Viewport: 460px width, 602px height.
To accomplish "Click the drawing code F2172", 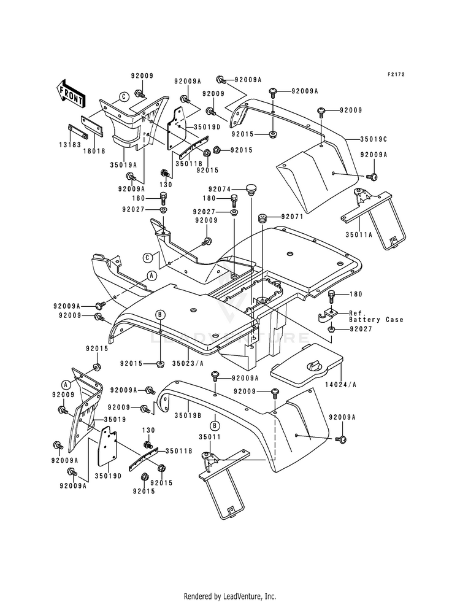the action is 396,74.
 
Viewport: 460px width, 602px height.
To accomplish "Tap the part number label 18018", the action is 94,152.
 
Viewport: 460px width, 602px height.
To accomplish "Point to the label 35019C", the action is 374,138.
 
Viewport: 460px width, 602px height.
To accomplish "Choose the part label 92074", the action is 220,189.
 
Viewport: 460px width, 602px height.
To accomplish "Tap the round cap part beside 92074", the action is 251,189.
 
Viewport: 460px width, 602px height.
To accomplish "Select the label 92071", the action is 293,217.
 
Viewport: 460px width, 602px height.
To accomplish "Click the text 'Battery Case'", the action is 376,320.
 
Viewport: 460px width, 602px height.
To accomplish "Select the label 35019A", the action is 123,164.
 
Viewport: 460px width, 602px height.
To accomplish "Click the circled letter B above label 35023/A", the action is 160,315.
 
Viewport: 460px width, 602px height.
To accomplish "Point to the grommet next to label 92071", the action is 263,218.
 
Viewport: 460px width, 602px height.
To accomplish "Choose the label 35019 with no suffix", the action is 115,420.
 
